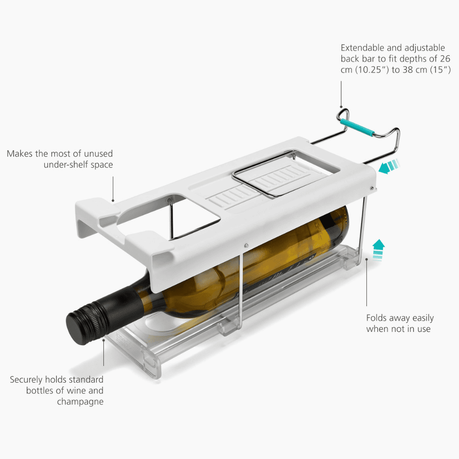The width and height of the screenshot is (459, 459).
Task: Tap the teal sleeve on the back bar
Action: [x=357, y=127]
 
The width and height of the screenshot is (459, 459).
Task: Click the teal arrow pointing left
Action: [x=389, y=166]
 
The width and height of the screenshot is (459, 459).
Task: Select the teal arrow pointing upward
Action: [x=378, y=249]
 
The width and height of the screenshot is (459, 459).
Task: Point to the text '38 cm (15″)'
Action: [x=426, y=70]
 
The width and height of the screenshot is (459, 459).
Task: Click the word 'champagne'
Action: [x=80, y=402]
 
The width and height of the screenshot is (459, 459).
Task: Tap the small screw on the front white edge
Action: [x=246, y=245]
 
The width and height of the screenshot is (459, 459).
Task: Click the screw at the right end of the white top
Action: [x=372, y=188]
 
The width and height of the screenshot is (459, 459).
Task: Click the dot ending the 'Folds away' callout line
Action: [x=366, y=259]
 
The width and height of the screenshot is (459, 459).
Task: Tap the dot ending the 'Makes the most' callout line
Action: [x=113, y=201]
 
